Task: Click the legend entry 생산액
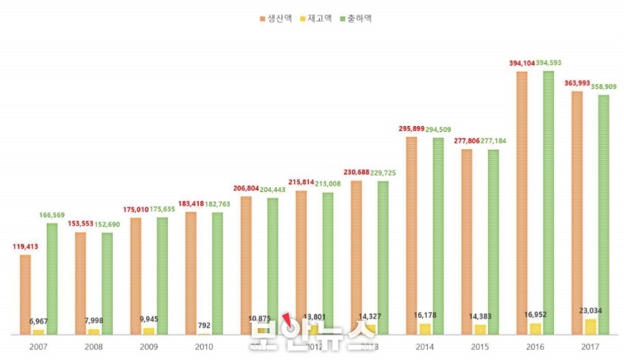pos(275,19)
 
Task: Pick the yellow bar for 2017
pos(590,327)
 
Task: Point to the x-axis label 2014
pos(425,347)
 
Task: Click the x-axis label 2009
pos(149,347)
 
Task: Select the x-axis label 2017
pos(590,347)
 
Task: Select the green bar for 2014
pos(439,236)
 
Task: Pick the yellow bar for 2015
pos(480,329)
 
